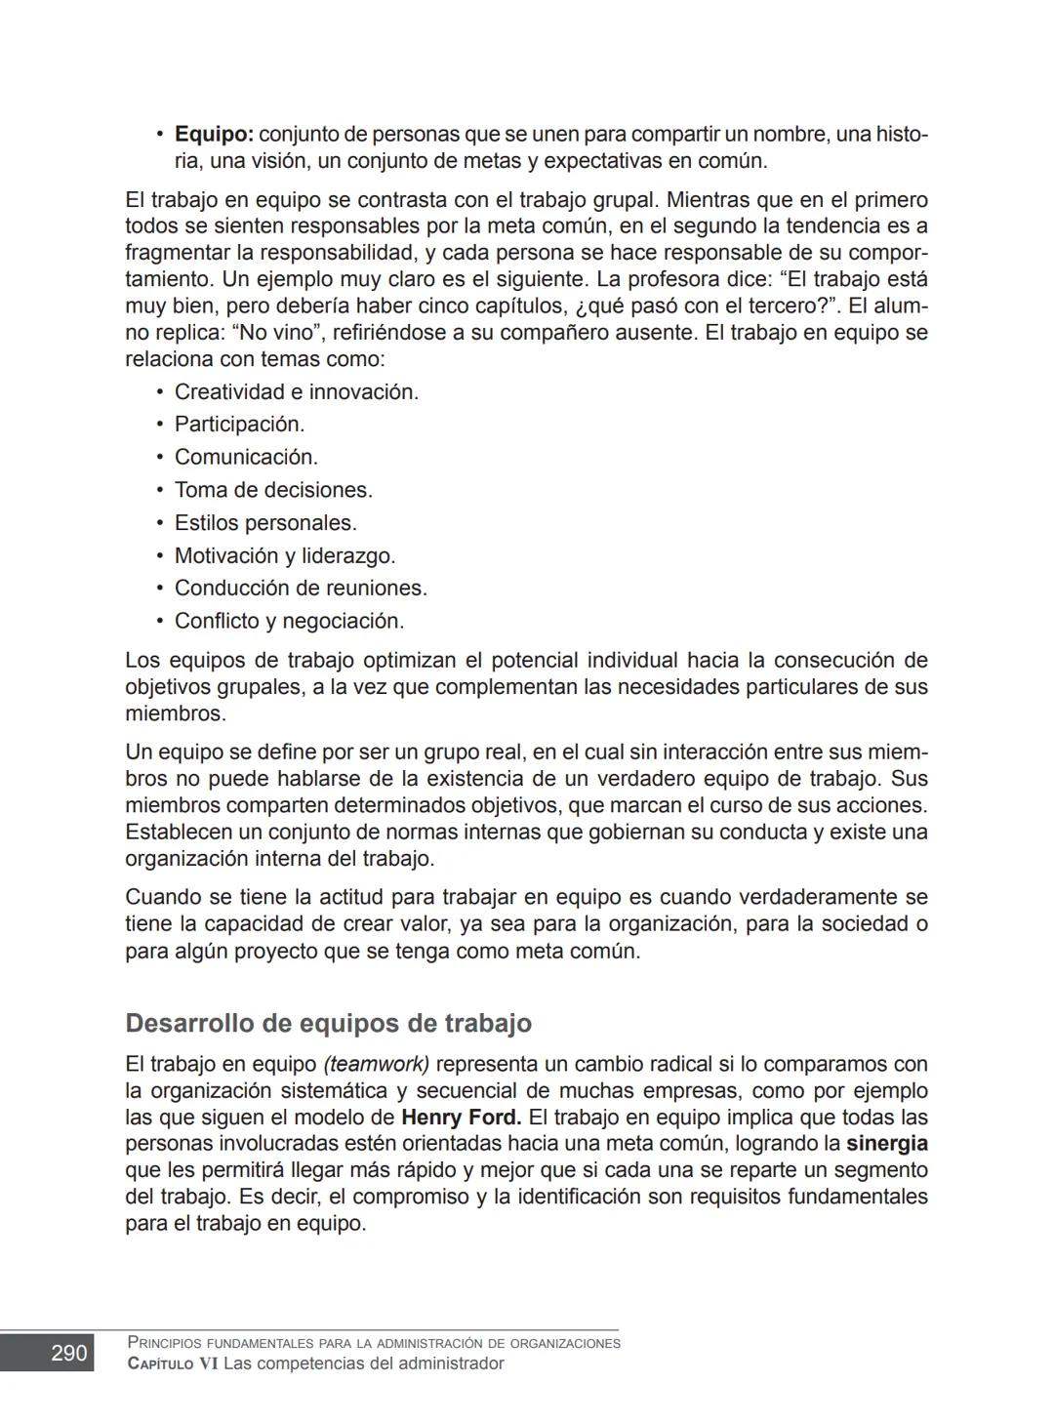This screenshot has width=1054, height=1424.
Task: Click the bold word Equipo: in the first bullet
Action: [214, 135]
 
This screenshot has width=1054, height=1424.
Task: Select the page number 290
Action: [69, 1354]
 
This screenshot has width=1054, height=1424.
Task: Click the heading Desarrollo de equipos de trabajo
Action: [328, 1024]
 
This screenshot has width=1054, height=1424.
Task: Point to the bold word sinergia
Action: [886, 1144]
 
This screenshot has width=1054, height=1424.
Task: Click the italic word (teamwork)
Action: [377, 1064]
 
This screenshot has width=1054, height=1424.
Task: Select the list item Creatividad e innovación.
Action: [296, 392]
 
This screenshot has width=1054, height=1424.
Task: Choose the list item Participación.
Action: [239, 425]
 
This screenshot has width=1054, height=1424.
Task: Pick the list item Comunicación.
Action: [246, 458]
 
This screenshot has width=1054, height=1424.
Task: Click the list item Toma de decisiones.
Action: [273, 491]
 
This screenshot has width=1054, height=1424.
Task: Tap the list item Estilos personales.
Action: [265, 523]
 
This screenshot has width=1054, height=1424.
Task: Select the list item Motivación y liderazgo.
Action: [284, 556]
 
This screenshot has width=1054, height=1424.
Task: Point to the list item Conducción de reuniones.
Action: [301, 589]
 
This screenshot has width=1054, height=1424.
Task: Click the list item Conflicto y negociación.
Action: [289, 622]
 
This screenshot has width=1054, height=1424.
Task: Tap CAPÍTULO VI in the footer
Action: [172, 1364]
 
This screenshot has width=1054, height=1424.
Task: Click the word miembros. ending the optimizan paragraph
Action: [176, 714]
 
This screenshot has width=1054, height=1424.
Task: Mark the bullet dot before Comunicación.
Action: [159, 458]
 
